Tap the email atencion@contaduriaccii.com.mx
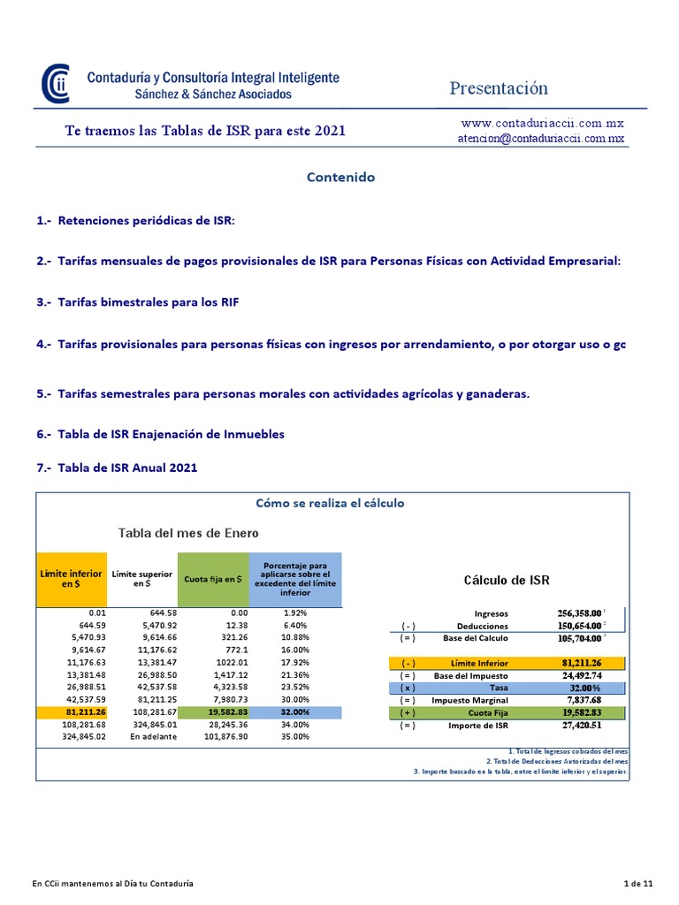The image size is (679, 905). tap(541, 138)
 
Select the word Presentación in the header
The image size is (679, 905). tap(499, 88)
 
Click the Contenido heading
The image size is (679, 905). tap(340, 177)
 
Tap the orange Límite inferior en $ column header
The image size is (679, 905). tap(71, 579)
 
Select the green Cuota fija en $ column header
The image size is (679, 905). tap(213, 579)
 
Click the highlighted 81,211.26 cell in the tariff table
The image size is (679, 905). tap(86, 711)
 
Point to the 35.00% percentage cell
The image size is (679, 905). tap(296, 736)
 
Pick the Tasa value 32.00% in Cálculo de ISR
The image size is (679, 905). tap(584, 688)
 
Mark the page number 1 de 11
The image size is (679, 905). tap(638, 883)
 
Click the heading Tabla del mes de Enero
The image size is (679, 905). tap(189, 532)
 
